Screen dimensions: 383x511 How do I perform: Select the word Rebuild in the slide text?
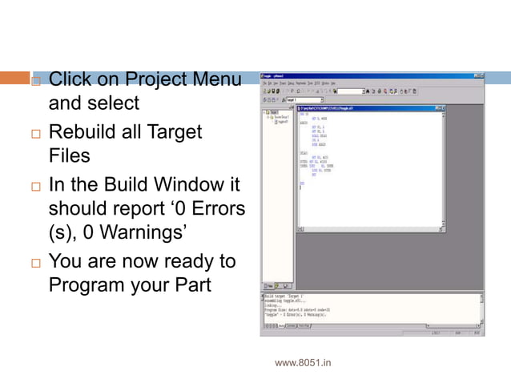click(x=86, y=131)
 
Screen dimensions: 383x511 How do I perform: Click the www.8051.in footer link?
click(x=303, y=363)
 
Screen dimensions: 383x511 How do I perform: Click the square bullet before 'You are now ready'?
click(x=34, y=264)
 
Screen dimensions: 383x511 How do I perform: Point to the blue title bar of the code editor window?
click(x=368, y=107)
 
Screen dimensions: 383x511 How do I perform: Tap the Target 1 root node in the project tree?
click(x=275, y=113)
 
